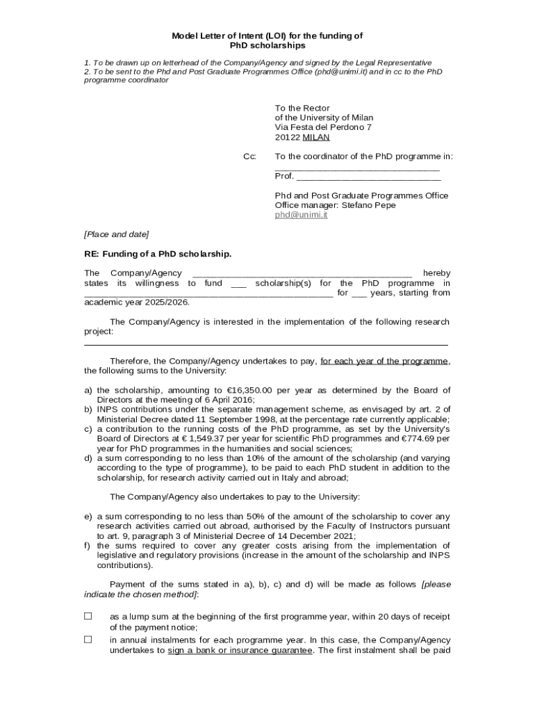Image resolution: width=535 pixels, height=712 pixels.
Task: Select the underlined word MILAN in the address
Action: (316, 138)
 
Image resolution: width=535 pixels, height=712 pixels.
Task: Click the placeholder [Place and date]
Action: (116, 234)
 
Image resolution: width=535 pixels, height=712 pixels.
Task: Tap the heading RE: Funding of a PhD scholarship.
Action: (158, 254)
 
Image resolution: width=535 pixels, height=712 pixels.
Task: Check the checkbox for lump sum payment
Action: (88, 616)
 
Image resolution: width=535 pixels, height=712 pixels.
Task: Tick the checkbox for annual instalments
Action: (88, 640)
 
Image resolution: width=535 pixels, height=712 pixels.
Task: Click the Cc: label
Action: (249, 157)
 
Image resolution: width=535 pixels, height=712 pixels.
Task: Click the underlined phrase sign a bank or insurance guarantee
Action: (240, 651)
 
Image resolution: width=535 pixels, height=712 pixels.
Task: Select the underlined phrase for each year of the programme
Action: (384, 361)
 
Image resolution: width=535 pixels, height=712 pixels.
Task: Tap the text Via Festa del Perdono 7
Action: (323, 128)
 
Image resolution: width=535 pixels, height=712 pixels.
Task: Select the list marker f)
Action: (88, 546)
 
